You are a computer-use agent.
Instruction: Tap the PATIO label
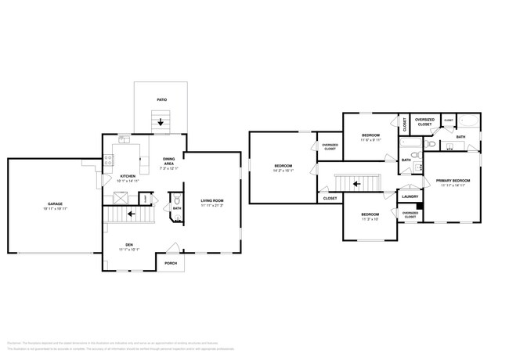(x=161, y=100)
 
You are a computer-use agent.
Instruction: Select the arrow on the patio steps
(x=161, y=122)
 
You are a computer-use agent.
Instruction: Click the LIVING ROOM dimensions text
(x=211, y=206)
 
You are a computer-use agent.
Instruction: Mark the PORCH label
(x=170, y=263)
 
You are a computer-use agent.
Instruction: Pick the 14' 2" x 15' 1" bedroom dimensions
(x=283, y=170)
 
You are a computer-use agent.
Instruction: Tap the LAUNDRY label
(x=410, y=196)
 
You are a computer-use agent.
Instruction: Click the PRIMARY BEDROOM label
(x=452, y=180)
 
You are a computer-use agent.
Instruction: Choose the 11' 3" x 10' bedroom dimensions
(x=370, y=219)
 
